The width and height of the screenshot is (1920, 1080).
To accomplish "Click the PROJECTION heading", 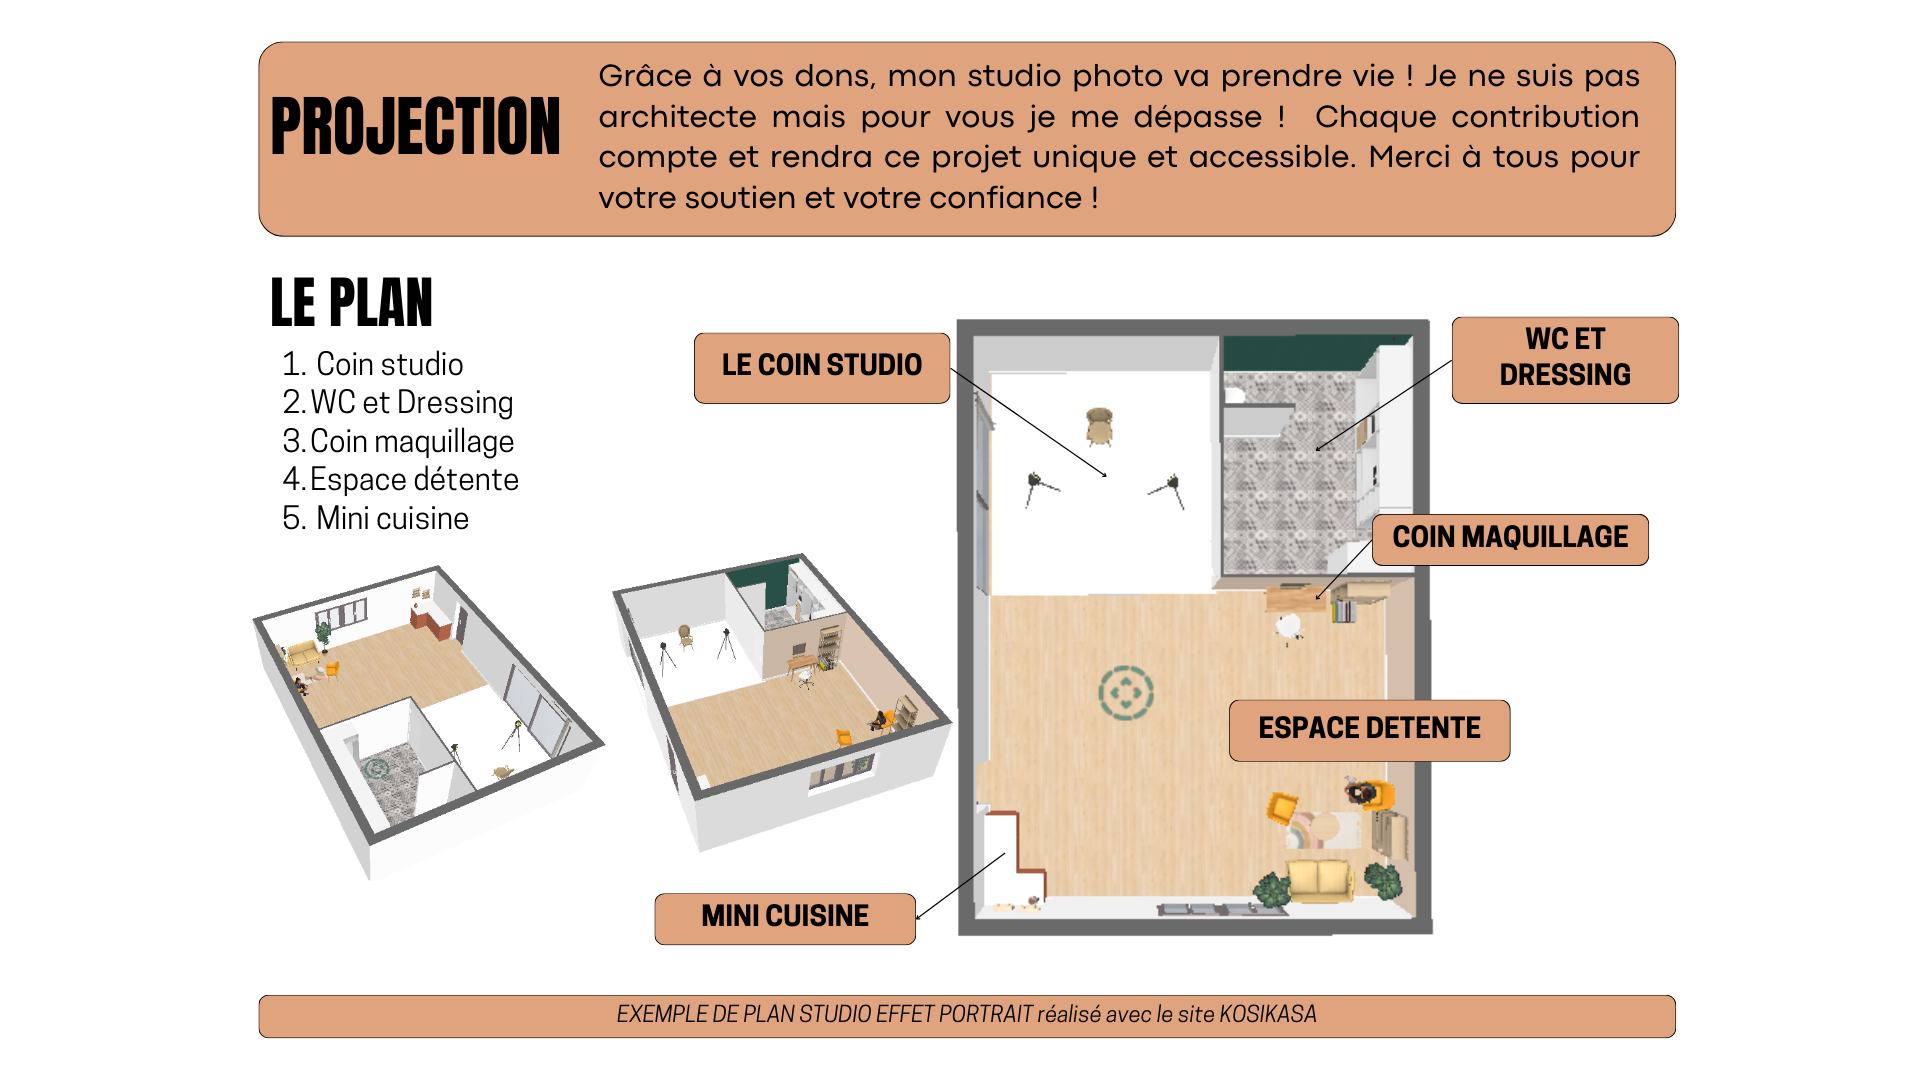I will pos(415,127).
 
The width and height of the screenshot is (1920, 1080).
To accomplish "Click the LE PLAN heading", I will pos(351,303).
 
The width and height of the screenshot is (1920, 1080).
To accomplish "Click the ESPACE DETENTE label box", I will pos(1368,730).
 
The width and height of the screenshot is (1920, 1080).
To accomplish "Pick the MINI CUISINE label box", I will pos(784,917).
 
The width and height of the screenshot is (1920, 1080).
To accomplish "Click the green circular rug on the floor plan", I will pos(1126,692).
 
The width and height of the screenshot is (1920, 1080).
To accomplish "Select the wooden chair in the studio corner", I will pos(1099,424).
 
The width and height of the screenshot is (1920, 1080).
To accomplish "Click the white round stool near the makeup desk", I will pos(1288,627).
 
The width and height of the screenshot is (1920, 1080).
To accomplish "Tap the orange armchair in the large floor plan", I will pos(1281,805).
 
